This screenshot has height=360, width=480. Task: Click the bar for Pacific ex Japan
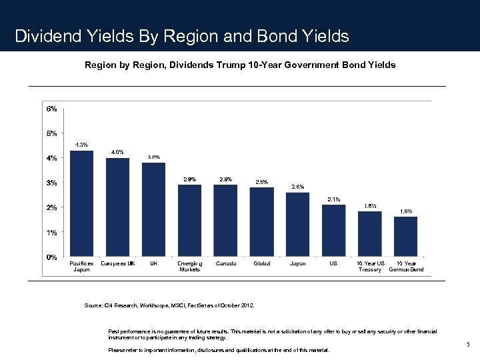81,203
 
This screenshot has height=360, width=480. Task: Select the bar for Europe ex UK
117,207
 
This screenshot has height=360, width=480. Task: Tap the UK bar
153,209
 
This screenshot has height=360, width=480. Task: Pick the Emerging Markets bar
189,221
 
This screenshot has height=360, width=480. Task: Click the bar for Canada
225,221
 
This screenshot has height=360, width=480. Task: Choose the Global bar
261,222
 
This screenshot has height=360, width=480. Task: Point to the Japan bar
297,225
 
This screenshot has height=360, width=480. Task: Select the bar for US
333,231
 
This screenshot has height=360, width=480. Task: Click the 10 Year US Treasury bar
369,234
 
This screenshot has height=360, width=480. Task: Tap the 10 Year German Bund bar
405,237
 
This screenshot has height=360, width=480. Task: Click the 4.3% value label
81,145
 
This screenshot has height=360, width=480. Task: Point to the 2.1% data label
333,199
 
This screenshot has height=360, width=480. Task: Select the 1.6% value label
405,211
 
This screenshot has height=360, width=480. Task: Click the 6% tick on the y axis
51,108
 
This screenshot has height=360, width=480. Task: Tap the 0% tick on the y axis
51,257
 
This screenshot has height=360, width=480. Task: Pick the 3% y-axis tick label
51,183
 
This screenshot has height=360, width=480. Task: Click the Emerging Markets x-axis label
189,267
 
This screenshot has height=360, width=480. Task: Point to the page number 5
468,344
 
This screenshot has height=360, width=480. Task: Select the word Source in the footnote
93,305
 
